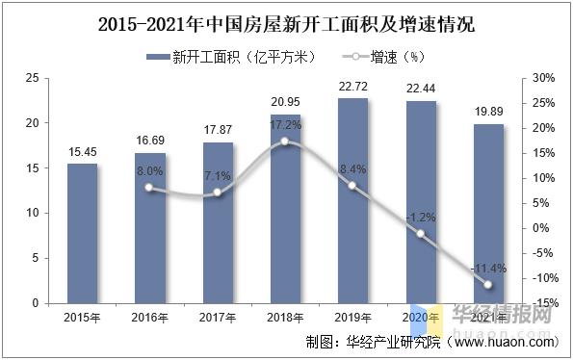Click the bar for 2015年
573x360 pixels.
point(82,233)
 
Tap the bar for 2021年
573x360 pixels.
point(488,213)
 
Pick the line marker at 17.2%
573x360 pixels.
point(284,141)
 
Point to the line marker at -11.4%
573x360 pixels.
point(488,285)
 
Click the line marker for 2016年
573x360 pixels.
point(149,188)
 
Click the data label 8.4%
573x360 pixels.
point(352,169)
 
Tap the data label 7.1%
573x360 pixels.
point(217,176)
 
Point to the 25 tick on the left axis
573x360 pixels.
point(33,78)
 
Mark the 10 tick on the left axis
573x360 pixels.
point(33,213)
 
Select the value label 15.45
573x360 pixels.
point(82,151)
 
